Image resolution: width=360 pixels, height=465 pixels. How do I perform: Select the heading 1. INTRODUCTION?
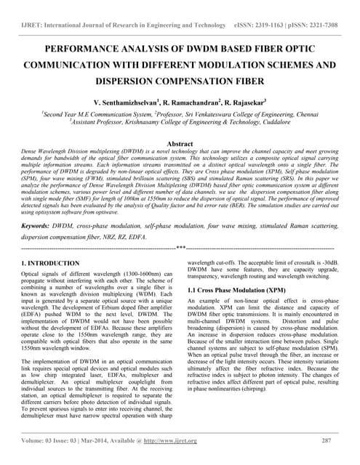point(51,263)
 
